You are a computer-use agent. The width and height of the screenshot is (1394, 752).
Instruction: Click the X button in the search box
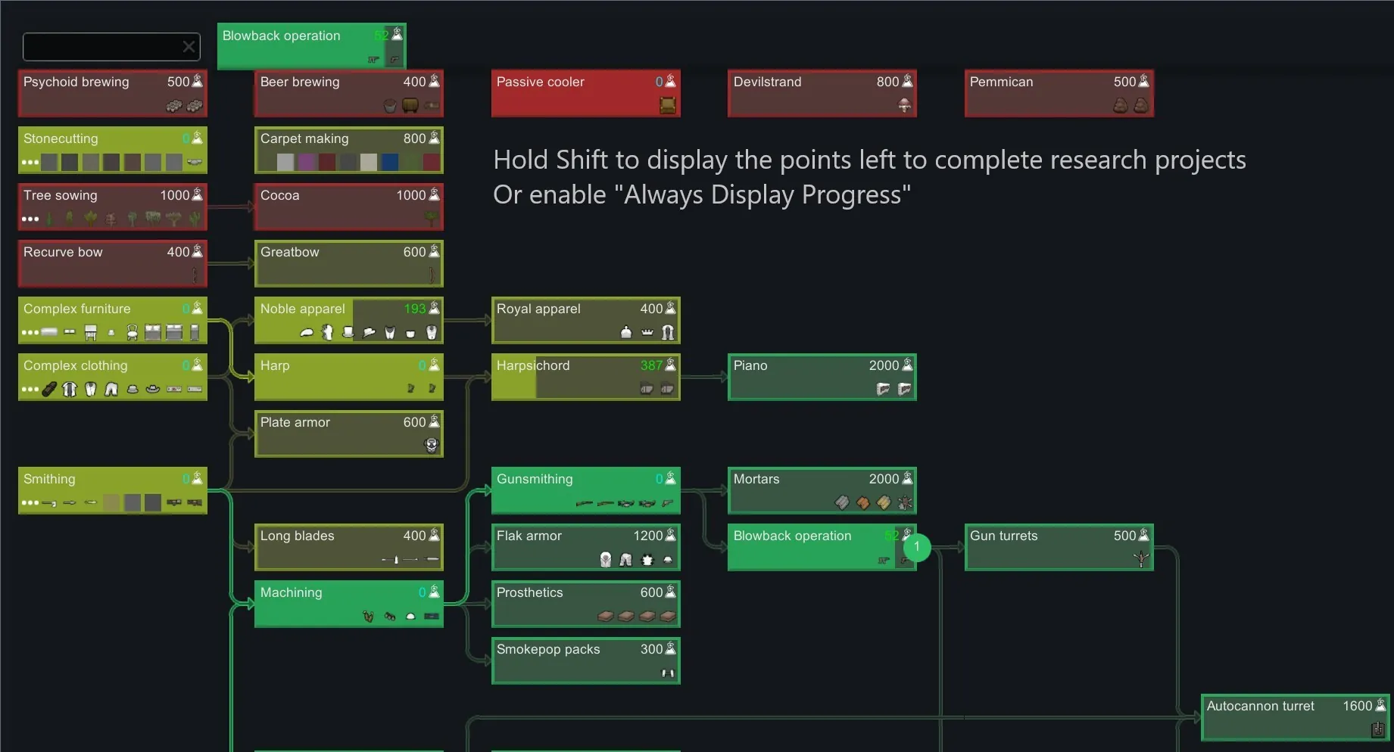pos(189,48)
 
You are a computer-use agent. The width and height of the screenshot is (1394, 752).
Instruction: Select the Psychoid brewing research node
pos(112,93)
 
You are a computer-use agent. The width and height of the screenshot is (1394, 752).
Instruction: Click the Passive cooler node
pos(585,93)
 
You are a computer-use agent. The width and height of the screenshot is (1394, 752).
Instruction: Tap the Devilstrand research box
pos(822,93)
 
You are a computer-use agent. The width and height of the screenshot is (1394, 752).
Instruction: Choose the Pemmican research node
pos(1059,93)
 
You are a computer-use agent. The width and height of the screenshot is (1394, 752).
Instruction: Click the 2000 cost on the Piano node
pos(884,365)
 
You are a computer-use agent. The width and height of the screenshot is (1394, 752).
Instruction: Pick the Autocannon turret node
pos(1295,717)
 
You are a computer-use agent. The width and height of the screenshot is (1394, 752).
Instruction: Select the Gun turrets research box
pos(1059,547)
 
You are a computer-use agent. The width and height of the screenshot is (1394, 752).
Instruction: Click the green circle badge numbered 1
pos(916,546)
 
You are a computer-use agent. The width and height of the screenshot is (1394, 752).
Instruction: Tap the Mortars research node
pos(822,490)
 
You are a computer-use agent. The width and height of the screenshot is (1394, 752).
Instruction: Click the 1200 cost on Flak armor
pos(648,536)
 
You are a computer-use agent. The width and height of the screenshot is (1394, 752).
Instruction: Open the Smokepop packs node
pos(585,660)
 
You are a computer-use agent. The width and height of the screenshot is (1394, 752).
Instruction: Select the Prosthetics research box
pos(585,604)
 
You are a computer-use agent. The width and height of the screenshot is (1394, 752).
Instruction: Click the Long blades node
pos(348,547)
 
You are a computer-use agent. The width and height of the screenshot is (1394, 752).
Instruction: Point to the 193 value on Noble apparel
pos(415,309)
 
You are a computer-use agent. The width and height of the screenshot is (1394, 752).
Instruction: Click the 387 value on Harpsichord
pos(651,365)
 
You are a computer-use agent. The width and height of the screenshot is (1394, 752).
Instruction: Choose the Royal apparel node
pos(585,320)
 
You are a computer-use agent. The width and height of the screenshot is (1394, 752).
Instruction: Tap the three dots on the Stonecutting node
pos(30,162)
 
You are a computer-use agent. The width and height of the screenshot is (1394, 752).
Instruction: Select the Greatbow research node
pos(348,263)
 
